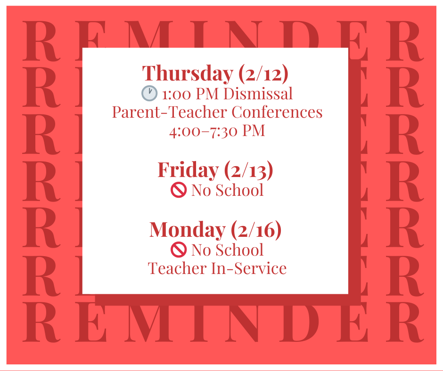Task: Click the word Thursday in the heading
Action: pyautogui.click(x=188, y=73)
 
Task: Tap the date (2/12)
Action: pyautogui.click(x=263, y=73)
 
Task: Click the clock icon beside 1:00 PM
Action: pyautogui.click(x=149, y=94)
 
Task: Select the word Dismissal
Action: pyautogui.click(x=258, y=94)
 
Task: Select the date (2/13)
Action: pyautogui.click(x=248, y=170)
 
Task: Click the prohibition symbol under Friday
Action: pyautogui.click(x=179, y=190)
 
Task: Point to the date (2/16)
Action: pyautogui.click(x=256, y=229)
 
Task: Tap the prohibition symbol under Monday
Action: pyautogui.click(x=179, y=250)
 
